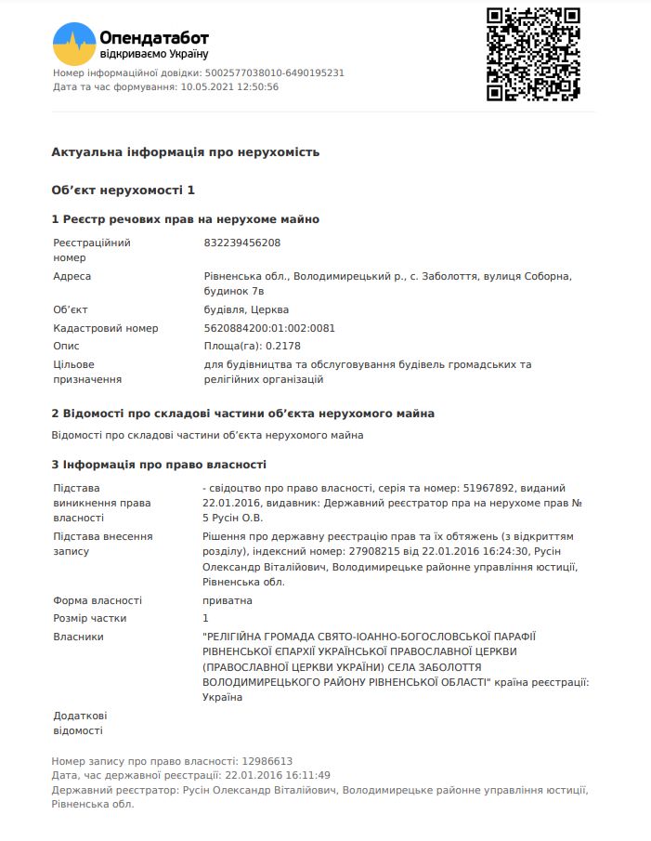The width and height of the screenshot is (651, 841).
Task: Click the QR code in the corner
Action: click(x=533, y=55)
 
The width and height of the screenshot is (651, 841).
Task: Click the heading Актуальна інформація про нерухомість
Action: click(x=186, y=152)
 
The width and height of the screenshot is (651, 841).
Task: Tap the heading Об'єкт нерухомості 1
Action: click(x=124, y=191)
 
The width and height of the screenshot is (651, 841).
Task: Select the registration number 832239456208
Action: click(x=241, y=243)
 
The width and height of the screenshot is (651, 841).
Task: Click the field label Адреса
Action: click(x=72, y=277)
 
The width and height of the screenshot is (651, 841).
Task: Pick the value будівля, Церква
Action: click(x=246, y=310)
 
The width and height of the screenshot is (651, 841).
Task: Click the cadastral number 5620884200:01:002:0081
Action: click(x=269, y=328)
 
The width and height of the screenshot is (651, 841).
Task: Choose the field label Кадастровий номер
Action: click(x=106, y=328)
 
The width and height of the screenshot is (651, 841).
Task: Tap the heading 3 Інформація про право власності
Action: click(x=159, y=465)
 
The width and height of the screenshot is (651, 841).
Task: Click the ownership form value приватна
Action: click(x=228, y=601)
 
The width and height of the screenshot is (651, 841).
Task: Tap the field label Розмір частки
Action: click(x=90, y=619)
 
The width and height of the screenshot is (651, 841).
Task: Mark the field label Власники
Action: click(x=79, y=637)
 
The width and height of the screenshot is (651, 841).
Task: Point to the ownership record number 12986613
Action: click(x=267, y=760)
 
